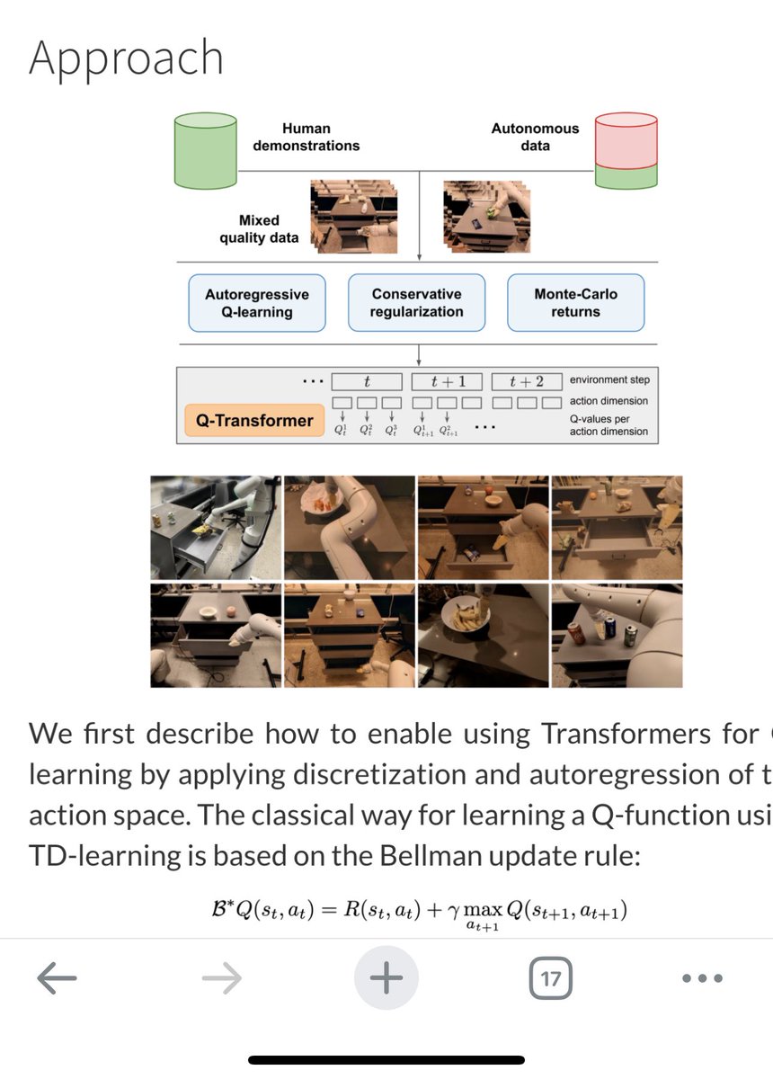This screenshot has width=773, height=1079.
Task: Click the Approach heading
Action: pos(126,58)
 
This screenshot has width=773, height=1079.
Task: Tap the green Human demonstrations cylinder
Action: pos(205,151)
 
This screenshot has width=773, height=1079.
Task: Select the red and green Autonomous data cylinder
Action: pos(626,151)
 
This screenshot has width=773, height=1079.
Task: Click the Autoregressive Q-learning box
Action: pos(257,303)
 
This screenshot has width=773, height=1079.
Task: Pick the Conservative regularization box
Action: pos(416,303)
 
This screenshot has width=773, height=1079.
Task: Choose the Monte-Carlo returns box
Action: pos(575,303)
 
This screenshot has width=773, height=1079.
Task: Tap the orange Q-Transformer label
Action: pos(254,420)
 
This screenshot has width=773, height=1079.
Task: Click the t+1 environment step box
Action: pos(447,381)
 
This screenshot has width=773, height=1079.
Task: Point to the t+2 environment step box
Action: pos(529,381)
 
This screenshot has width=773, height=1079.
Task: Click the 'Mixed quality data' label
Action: pos(259,229)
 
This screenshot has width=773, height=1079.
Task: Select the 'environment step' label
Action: pos(609,380)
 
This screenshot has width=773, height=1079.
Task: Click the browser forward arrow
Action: pos(222,978)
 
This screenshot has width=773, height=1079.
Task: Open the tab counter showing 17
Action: pos(550,978)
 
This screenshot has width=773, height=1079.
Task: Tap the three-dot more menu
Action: pos(702,978)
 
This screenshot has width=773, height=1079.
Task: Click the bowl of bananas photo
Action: pos(483,636)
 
